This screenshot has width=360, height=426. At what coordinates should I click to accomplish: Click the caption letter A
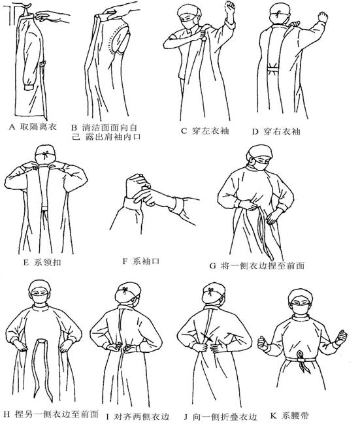pos(11,127)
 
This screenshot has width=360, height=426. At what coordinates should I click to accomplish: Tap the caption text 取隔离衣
pos(39,127)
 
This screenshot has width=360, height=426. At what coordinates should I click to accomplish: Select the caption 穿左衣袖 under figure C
pos(210,131)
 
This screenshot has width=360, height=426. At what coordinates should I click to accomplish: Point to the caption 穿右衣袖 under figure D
pos(282,132)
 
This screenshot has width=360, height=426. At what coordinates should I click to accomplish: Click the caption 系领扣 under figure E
pos(48,263)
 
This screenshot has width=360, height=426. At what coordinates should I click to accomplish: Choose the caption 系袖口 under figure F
pos(146,261)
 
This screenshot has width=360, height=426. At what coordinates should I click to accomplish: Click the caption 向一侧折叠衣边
pos(225,417)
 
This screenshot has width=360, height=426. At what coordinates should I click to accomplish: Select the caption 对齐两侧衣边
pos(142,416)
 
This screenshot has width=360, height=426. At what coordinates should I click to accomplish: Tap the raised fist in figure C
pos(229,7)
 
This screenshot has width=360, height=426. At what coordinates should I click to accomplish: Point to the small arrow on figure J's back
pos(209,338)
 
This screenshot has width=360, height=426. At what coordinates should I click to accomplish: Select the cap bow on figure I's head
pos(125,290)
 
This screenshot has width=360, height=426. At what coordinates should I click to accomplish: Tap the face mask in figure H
pos(40,299)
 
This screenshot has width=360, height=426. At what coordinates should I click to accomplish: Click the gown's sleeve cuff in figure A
pos(29,88)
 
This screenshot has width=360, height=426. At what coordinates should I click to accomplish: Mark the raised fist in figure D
pos(323,17)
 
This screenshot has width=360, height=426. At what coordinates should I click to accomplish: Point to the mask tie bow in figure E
pos(45,156)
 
